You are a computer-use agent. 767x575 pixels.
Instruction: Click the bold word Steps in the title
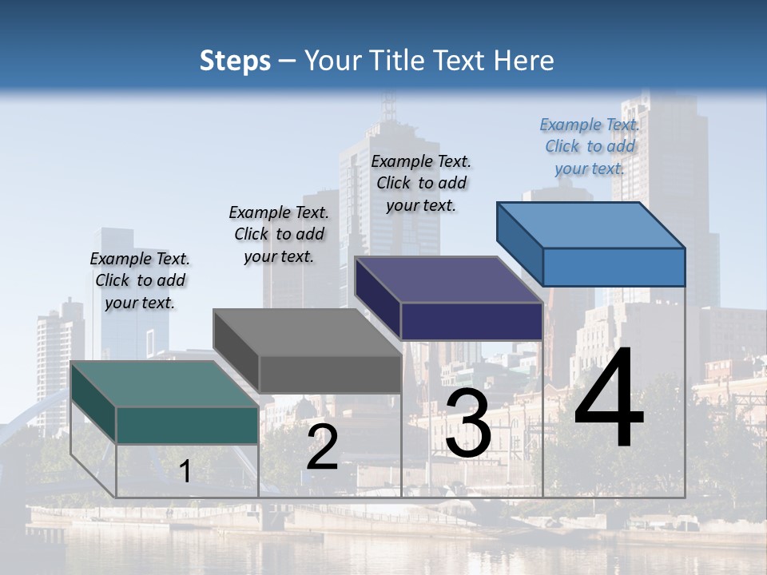(x=235, y=61)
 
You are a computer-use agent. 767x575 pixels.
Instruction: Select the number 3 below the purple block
(x=468, y=422)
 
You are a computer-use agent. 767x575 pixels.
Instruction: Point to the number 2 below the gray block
(x=322, y=448)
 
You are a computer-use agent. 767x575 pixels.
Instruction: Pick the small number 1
(x=185, y=471)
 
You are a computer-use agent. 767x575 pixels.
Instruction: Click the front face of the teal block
(x=187, y=425)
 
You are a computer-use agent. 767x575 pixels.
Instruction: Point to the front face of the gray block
(x=330, y=374)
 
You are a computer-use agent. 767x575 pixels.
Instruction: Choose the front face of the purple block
(x=471, y=321)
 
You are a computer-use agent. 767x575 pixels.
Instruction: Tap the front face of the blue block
(x=614, y=267)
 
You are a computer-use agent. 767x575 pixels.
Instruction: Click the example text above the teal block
(x=141, y=280)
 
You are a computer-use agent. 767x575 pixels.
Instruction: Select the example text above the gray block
(x=279, y=234)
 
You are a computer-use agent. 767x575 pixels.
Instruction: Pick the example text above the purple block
(x=421, y=183)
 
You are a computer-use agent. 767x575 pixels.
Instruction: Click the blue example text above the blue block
(x=590, y=146)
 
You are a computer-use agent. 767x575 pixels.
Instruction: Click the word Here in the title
(x=524, y=61)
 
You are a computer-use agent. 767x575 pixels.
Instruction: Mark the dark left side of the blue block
(x=520, y=244)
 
